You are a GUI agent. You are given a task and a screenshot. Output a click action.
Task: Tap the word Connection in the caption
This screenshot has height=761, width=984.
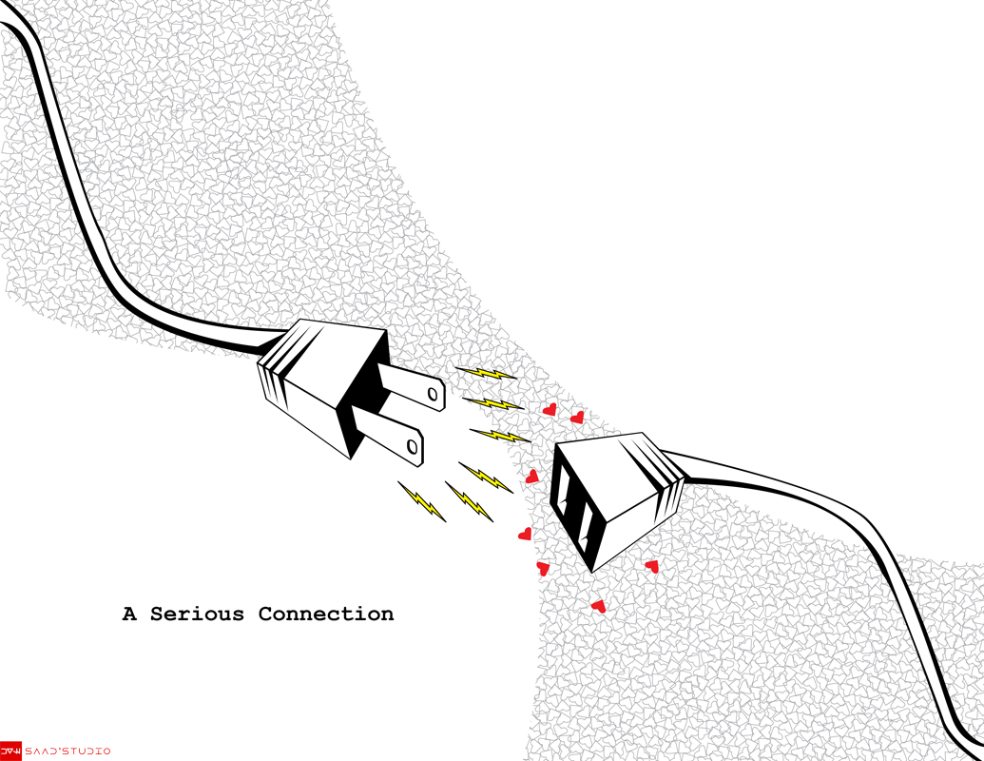click(325, 615)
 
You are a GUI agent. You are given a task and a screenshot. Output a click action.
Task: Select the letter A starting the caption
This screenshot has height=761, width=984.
click(129, 615)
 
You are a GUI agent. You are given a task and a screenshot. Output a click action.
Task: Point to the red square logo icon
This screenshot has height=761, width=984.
click(10, 751)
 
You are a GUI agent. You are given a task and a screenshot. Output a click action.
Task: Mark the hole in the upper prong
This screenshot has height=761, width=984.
click(432, 392)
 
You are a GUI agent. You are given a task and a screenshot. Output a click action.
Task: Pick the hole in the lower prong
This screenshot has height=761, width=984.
click(413, 445)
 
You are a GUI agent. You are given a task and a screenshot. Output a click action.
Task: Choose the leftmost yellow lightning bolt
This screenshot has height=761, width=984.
click(421, 501)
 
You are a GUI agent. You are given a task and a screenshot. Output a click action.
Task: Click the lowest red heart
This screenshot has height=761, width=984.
click(598, 605)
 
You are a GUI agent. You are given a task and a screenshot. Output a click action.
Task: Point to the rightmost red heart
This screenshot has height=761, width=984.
click(651, 566)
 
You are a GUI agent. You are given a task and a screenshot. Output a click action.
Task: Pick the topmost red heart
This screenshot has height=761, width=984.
click(549, 409)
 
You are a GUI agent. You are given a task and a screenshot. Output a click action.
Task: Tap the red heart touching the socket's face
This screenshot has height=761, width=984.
click(532, 477)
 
